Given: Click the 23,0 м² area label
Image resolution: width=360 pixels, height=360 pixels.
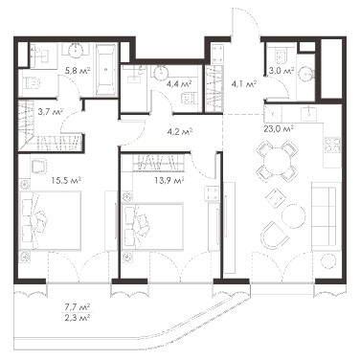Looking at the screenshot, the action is tap(279, 128).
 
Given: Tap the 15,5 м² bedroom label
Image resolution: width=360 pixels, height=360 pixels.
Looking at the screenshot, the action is tap(66, 180).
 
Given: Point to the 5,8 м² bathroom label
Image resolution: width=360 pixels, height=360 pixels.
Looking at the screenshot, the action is tap(77, 71).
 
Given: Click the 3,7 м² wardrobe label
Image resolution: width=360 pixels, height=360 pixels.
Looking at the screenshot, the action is tap(50, 111).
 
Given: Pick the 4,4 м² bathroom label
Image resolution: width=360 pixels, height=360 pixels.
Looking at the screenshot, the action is tap(179, 84).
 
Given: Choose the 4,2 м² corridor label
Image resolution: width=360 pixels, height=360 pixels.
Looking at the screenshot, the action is tap(179, 131).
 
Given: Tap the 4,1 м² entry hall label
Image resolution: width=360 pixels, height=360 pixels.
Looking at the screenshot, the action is tap(243, 84).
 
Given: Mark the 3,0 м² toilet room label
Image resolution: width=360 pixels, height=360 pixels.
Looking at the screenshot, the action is tap(281, 71).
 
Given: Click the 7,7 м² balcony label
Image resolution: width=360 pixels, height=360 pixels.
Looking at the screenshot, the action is tap(77, 307).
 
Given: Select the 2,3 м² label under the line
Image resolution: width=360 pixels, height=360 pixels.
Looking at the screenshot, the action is tap(77, 318).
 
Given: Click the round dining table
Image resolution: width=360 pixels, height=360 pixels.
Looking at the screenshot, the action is tap(278, 160).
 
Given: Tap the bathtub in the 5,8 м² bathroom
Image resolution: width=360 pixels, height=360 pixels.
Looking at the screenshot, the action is tap(105, 69).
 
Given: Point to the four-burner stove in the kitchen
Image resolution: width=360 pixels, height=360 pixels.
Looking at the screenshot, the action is tap(332, 145).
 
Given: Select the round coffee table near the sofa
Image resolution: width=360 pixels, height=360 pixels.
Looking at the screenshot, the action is tap(294, 215).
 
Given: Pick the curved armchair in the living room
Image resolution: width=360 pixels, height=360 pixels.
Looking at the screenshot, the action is tap(275, 236).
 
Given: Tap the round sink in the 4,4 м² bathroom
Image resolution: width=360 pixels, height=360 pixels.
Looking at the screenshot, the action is tap(160, 73).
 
